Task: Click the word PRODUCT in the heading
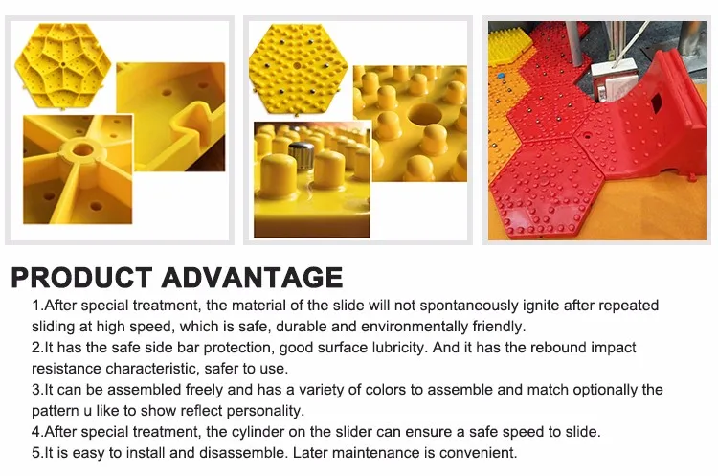pyautogui.click(x=81, y=277)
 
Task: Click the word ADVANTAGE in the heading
pyautogui.click(x=252, y=277)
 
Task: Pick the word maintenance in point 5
pyautogui.click(x=372, y=453)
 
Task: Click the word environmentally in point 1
pyautogui.click(x=415, y=327)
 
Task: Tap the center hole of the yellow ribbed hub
pyautogui.click(x=82, y=149)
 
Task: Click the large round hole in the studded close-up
pyautogui.click(x=424, y=115)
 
